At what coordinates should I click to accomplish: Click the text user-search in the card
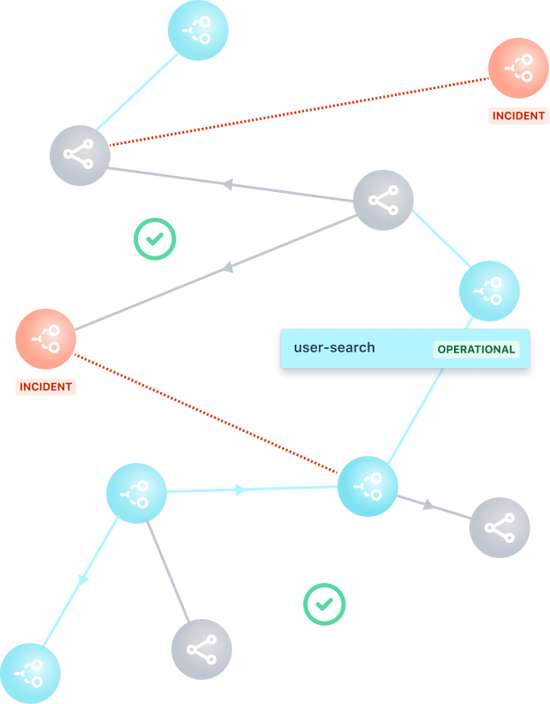[x=334, y=348]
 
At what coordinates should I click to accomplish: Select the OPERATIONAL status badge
[x=476, y=349]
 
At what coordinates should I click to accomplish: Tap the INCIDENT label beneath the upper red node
[x=518, y=116]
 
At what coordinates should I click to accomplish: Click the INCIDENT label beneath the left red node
[x=46, y=387]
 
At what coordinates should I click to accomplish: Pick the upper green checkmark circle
[x=154, y=239]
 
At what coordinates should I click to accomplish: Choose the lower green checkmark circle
[x=324, y=605]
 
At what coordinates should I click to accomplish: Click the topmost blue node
[x=198, y=31]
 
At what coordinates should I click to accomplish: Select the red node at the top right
[x=518, y=68]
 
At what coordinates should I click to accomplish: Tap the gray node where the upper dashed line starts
[x=80, y=155]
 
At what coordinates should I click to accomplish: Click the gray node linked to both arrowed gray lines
[x=383, y=200]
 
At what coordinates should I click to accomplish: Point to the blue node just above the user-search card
[x=489, y=292]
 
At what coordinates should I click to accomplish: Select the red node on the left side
[x=46, y=339]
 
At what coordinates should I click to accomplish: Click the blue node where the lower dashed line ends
[x=368, y=486]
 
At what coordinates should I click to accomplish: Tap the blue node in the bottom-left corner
[x=30, y=673]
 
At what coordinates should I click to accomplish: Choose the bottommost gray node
[x=201, y=649]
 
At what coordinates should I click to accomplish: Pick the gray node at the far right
[x=499, y=527]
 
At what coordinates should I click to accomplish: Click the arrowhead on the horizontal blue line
[x=241, y=490]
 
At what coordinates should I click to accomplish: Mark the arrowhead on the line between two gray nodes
[x=228, y=184]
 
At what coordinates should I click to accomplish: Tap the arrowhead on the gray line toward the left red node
[x=228, y=268]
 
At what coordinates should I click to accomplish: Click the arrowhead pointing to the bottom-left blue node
[x=83, y=581]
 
